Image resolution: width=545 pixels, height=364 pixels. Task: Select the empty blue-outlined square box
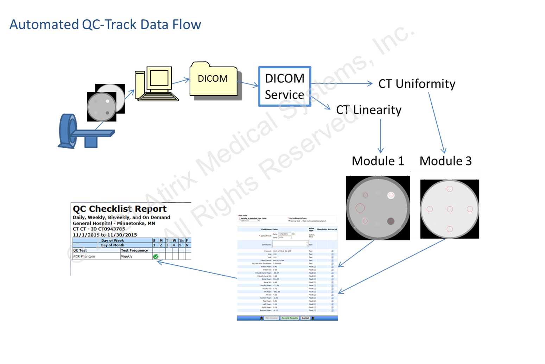285,86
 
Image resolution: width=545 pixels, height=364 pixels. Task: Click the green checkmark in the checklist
156,257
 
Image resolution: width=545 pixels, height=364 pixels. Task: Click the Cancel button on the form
305,318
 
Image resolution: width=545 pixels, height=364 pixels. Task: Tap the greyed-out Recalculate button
272,318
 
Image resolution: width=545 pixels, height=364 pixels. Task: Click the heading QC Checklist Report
120,209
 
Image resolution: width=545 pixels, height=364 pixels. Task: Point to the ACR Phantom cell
84,257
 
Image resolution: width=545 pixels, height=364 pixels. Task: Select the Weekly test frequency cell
127,257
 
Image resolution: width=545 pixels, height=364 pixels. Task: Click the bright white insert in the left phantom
391,195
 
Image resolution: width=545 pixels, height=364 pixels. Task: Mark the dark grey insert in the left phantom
391,221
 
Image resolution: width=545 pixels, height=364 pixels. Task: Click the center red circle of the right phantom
450,209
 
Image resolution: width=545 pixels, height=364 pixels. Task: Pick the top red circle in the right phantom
450,189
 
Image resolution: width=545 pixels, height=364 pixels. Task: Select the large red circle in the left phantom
360,208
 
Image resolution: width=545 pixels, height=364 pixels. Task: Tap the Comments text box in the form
290,244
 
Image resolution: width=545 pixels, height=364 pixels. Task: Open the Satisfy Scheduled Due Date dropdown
249,221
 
